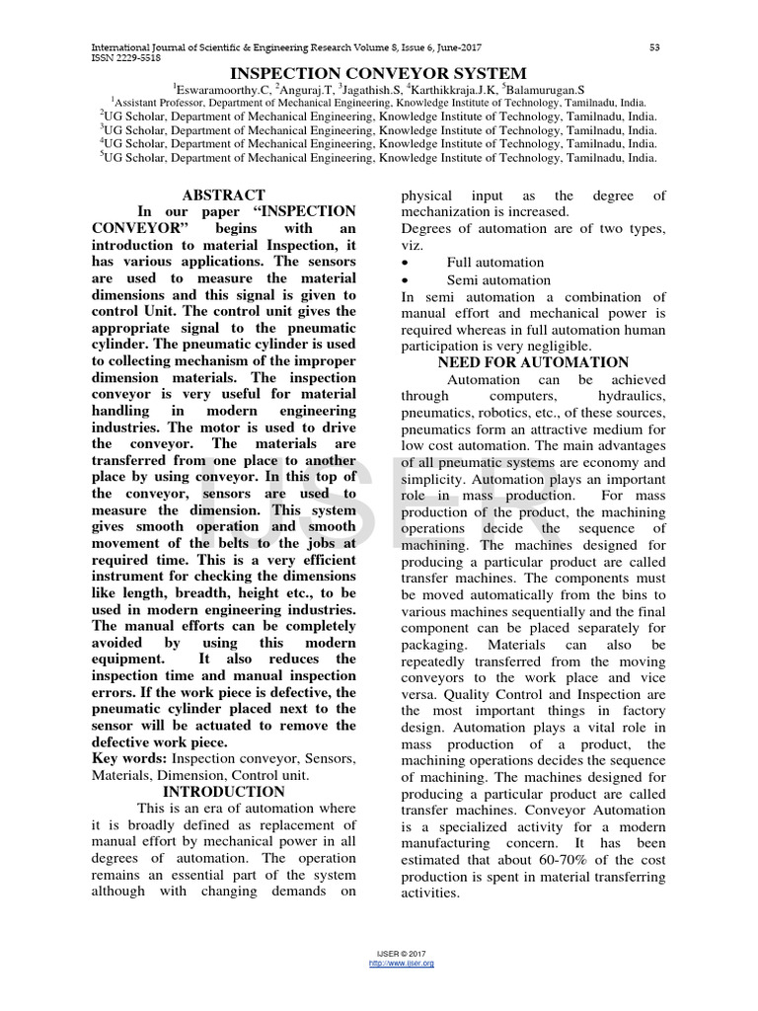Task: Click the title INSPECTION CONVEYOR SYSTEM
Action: (378, 74)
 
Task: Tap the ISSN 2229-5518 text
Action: (125, 58)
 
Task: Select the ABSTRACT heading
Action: (224, 195)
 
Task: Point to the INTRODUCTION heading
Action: (224, 792)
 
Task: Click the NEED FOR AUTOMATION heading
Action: (533, 363)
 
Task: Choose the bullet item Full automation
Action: (494, 263)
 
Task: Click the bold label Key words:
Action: (129, 758)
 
